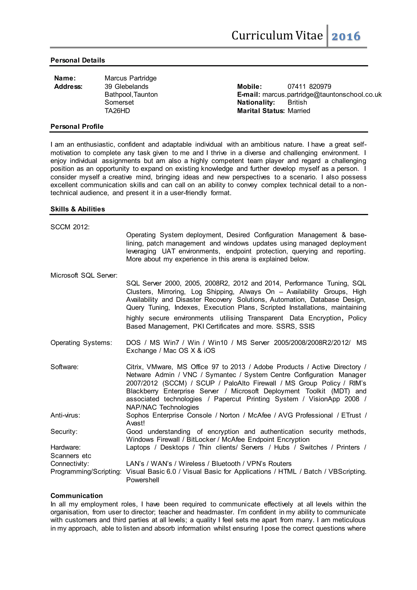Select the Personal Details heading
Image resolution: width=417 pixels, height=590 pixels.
coord(78,60)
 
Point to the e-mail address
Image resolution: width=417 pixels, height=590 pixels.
coord(322,95)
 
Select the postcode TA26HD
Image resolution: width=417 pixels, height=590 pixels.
coord(117,111)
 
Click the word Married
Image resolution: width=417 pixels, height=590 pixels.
coord(299,111)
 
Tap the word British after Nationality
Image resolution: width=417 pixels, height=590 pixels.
coord(297,102)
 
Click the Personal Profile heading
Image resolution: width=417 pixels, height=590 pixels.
coord(77,127)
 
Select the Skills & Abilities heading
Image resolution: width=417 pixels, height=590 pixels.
coord(78,209)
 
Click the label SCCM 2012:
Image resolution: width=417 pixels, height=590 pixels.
coord(70,227)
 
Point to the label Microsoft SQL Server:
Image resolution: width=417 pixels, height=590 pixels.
coord(84,275)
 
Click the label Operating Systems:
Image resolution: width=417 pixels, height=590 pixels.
coord(81,343)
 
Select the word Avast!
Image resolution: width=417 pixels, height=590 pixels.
coord(135,423)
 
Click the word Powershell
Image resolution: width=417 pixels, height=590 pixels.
coord(143,480)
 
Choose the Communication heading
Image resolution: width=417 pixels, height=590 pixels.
coord(77,496)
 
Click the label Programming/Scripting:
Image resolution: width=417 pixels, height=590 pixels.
coord(86,472)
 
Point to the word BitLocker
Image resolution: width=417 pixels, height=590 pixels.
coord(201,439)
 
